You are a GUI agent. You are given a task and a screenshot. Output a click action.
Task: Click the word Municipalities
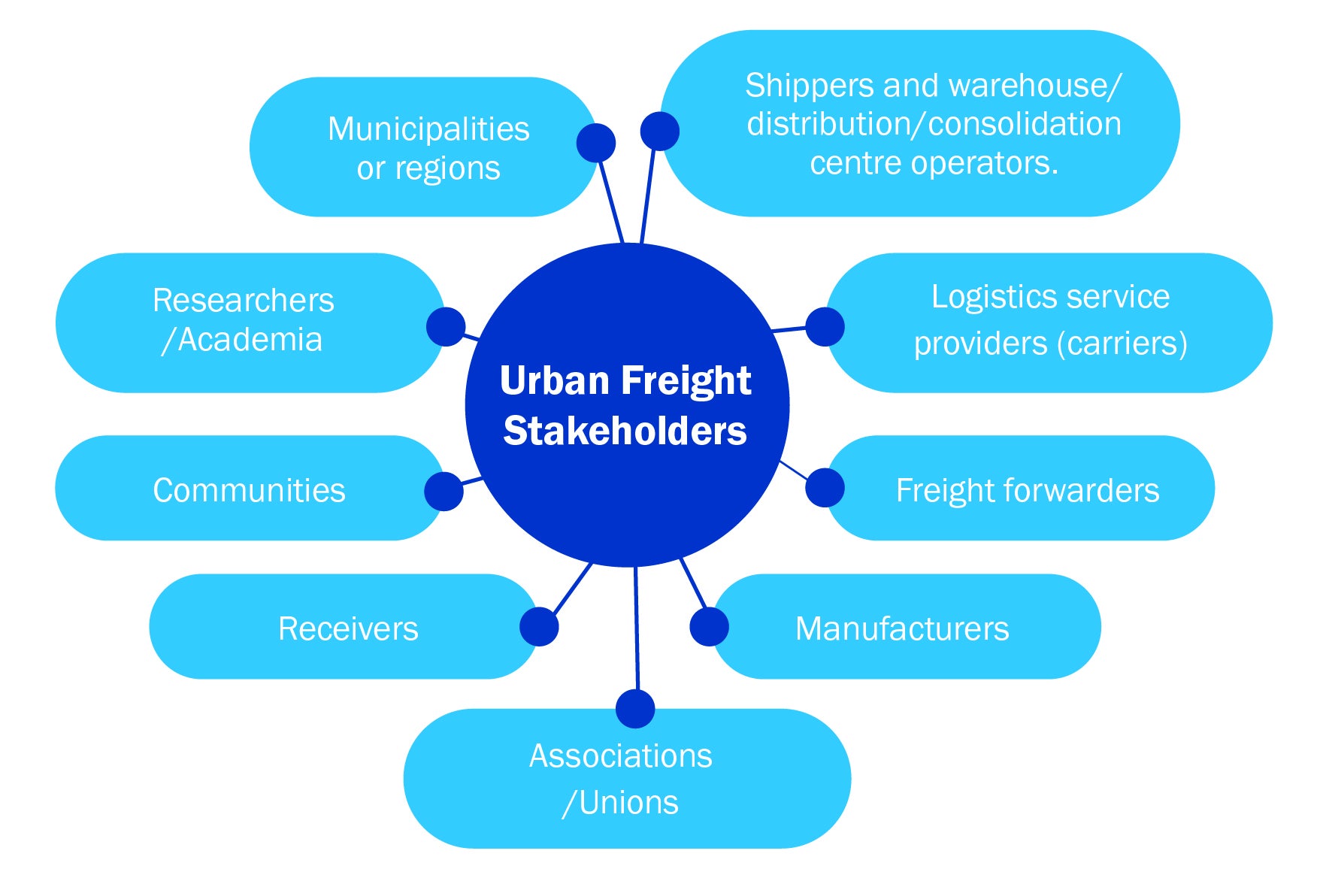(428, 129)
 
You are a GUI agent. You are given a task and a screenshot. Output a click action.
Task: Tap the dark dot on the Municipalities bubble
(596, 143)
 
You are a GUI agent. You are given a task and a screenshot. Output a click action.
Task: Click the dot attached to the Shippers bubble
(659, 132)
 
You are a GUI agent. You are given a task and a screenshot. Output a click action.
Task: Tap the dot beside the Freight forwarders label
(825, 488)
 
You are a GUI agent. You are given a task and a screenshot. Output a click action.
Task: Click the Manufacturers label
(902, 628)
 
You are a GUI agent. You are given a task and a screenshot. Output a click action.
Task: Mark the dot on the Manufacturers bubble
(709, 627)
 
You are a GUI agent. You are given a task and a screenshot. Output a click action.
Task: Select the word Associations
(620, 755)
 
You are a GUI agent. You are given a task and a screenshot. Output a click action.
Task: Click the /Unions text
(620, 803)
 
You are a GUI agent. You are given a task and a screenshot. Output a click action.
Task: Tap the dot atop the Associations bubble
(635, 709)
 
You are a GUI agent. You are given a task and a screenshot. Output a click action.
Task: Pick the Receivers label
(348, 628)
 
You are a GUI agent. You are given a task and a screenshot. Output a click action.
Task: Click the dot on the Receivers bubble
(539, 627)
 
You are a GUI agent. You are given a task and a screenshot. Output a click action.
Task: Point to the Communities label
(249, 490)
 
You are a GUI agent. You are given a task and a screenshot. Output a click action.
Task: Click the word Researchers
(243, 301)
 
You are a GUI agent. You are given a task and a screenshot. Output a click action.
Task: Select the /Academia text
(241, 340)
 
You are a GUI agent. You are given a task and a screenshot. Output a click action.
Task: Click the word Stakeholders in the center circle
(625, 431)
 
